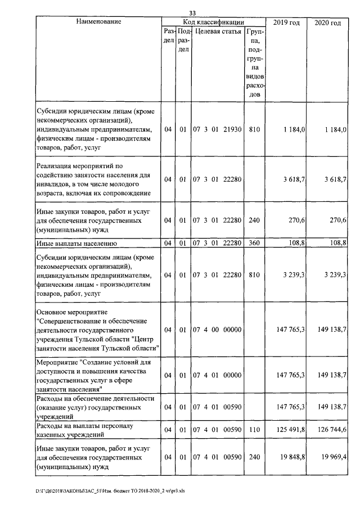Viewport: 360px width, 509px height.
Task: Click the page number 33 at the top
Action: click(x=192, y=13)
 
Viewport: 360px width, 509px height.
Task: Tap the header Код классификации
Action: click(x=214, y=22)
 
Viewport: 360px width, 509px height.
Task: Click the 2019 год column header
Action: click(x=286, y=22)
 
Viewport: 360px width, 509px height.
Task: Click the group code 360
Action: click(x=254, y=244)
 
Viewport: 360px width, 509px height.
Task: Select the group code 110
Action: click(x=254, y=430)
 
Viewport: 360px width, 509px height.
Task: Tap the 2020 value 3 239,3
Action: click(x=332, y=275)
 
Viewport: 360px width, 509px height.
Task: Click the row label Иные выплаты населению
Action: click(x=76, y=244)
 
